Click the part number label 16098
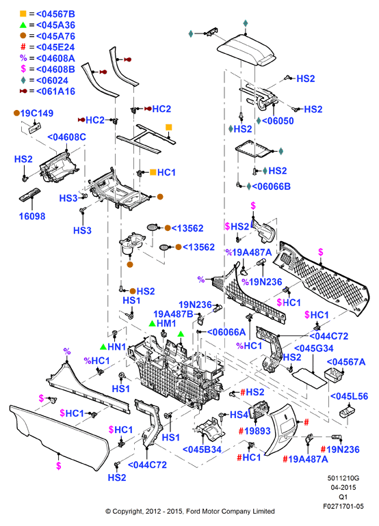point(32,216)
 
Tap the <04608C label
point(66,137)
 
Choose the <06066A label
point(226,332)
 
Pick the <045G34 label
point(313,348)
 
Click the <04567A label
point(346,362)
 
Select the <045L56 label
point(349,396)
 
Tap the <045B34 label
point(202,449)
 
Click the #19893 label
point(254,431)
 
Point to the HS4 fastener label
point(239,415)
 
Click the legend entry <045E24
point(55,47)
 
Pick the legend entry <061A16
point(55,92)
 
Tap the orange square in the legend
point(23,14)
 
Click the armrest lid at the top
point(246,50)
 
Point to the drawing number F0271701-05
point(343,506)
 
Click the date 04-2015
point(343,488)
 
